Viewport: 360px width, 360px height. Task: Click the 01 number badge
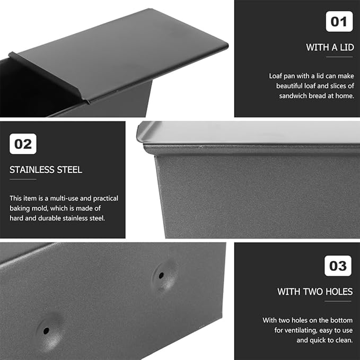(339, 21)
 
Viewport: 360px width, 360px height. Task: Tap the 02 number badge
(23, 144)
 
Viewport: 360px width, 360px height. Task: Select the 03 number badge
(338, 266)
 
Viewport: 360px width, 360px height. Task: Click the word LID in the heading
(347, 47)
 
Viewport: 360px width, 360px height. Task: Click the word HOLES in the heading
(339, 292)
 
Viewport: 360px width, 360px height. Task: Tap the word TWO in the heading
(313, 292)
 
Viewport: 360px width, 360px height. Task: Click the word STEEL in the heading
(69, 170)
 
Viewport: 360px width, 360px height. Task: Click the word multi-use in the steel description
(64, 198)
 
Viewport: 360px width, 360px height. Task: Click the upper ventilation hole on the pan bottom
(161, 275)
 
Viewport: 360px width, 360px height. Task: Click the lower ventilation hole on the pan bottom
(46, 331)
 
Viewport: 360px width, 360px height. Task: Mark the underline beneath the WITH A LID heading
(339, 57)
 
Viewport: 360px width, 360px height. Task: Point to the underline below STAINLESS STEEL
(23, 179)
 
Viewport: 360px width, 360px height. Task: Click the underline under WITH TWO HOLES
(338, 301)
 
